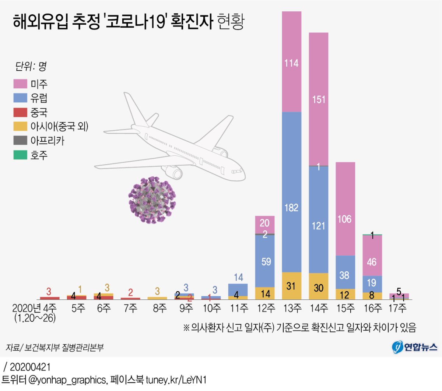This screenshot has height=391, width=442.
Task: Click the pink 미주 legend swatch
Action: [20, 84]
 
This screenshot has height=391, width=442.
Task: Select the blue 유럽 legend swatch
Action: [20, 98]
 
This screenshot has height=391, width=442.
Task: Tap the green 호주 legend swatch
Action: [20, 155]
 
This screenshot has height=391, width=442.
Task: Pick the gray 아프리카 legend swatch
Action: [20, 140]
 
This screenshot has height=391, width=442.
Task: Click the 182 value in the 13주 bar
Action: [291, 208]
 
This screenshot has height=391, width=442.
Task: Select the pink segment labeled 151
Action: [319, 99]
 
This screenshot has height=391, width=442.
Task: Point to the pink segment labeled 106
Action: [345, 219]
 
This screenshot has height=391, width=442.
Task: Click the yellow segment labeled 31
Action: [291, 286]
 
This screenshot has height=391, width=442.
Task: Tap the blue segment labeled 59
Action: [265, 261]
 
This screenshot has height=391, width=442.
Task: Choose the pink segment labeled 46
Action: [372, 262]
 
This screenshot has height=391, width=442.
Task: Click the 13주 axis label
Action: [292, 308]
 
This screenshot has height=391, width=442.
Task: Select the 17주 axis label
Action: [397, 308]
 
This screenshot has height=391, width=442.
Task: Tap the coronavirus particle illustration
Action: [152, 200]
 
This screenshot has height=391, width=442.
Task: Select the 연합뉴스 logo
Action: [415, 347]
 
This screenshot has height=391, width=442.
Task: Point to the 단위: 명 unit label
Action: [31, 67]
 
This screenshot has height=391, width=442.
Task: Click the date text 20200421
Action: [30, 367]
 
